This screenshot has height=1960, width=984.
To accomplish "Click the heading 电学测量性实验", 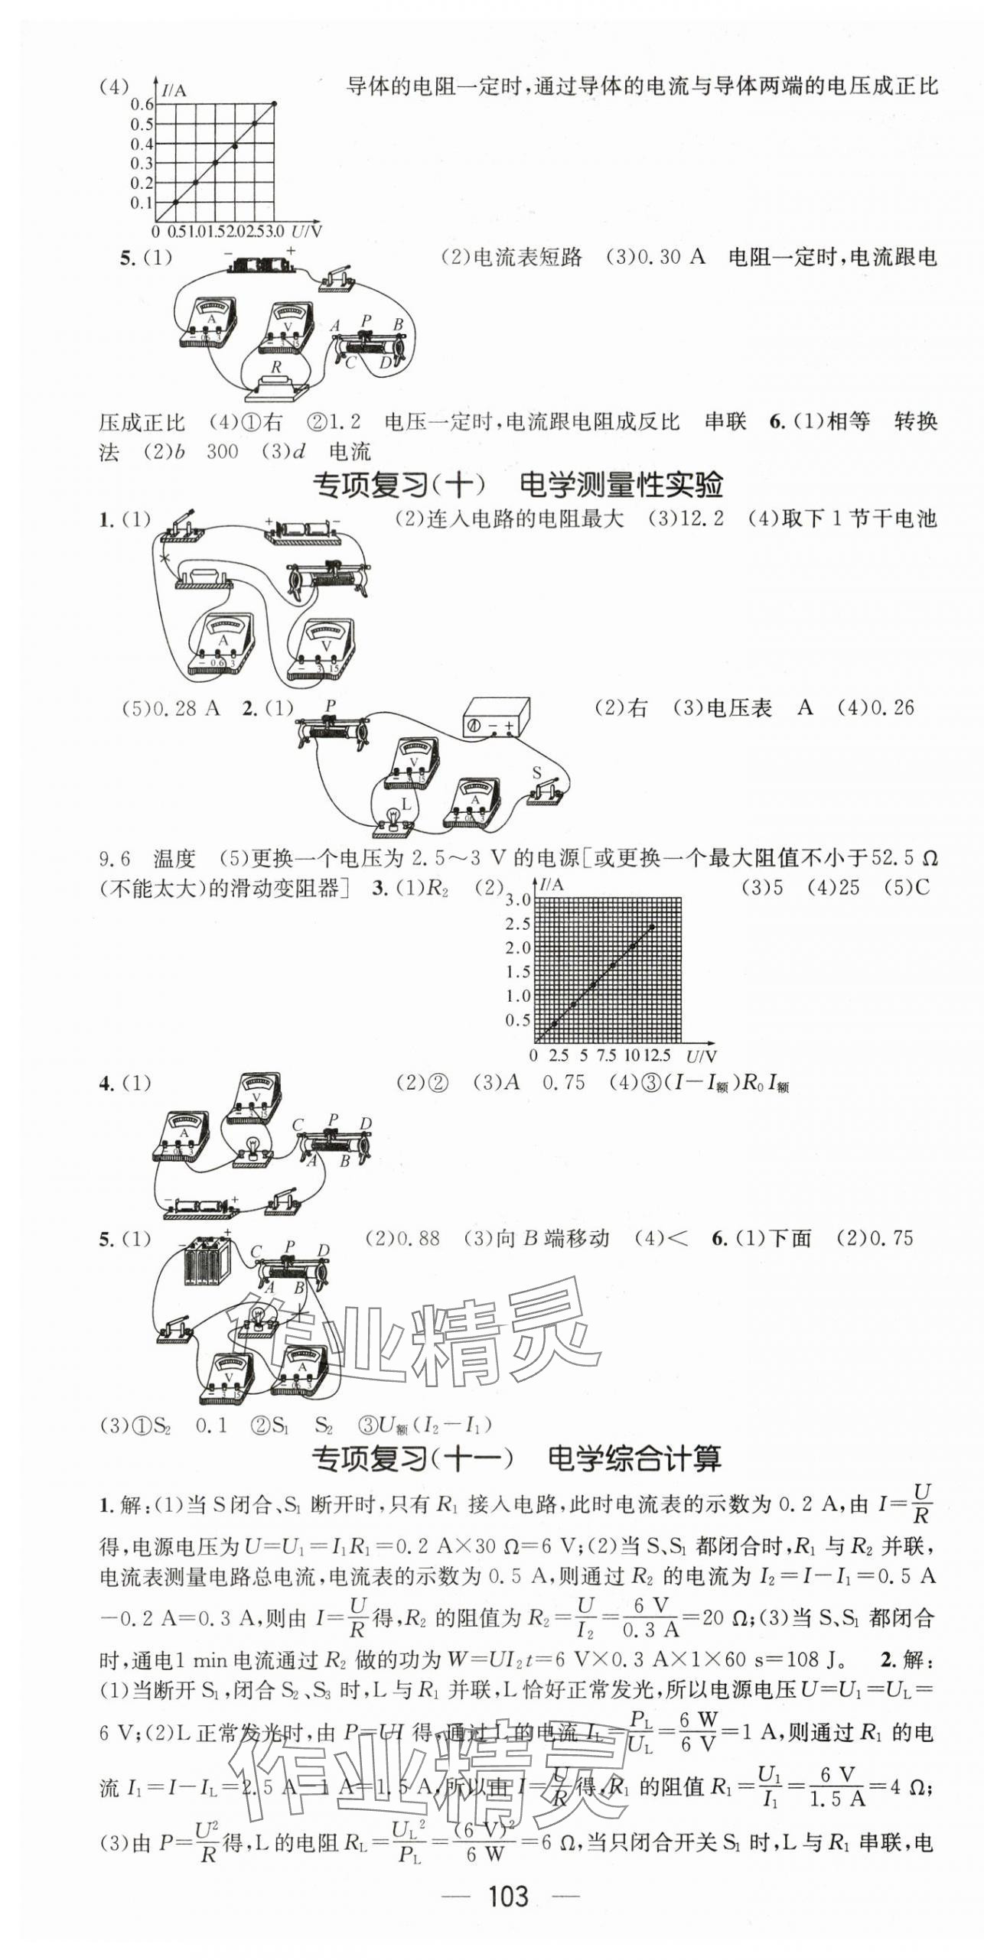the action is click(x=621, y=484).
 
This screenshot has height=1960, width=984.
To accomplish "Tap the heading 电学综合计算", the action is click(x=634, y=1458).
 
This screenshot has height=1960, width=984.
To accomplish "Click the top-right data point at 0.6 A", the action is click(x=275, y=103).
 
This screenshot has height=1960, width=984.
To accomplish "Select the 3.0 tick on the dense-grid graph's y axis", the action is click(x=517, y=899).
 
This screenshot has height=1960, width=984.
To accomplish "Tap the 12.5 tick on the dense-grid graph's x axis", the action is click(x=657, y=1055).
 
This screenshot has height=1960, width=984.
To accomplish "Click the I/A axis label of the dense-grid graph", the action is click(x=552, y=885).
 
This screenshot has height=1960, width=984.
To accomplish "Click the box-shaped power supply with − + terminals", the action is click(x=496, y=717).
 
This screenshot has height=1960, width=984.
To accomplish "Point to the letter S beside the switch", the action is click(x=537, y=772).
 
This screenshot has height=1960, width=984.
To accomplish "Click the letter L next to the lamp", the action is click(x=406, y=804).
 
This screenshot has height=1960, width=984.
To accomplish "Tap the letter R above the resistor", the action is click(x=275, y=368).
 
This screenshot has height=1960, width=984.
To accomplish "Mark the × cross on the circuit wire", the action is click(x=164, y=558).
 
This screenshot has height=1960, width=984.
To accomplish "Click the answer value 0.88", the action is click(x=419, y=1238).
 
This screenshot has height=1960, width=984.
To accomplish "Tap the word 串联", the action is click(x=725, y=421).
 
